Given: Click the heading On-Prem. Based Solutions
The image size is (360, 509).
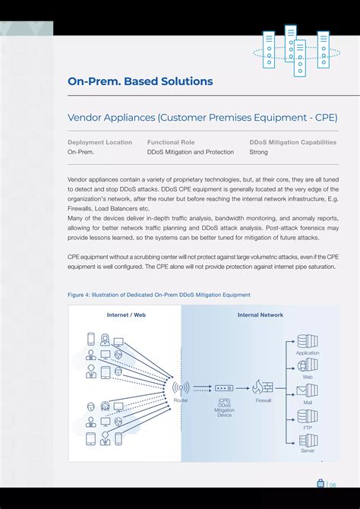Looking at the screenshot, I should coord(140,81).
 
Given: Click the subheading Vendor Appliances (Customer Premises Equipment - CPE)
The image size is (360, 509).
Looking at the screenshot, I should coord(202,118).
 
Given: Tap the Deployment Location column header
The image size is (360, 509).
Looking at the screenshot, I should coord(99,142).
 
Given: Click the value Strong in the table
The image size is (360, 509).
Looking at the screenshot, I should coord(258,152).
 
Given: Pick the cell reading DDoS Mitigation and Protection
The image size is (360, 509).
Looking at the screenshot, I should coord(191,152).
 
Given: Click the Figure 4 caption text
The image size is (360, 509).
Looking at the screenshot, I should coord(159,295).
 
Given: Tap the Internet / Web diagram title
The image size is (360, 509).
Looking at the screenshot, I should coord(126,315).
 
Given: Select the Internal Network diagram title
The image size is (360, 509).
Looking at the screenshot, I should coord(261,315).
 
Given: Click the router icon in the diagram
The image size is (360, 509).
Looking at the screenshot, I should coord(181,387).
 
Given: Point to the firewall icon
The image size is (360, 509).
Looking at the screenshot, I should coord(264,387).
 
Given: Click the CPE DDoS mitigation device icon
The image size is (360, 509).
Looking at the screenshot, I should coord(224,387).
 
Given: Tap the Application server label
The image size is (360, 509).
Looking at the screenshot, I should coord(308,353).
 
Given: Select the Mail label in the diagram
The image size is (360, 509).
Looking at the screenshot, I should coord(308,403).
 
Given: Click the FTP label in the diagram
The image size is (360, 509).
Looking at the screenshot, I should coord(308,427).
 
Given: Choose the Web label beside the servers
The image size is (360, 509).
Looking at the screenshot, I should coord(308,377).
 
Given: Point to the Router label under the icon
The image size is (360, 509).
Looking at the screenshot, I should coord(181,400).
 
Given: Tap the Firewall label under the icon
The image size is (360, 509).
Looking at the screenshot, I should coord(264,400).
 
